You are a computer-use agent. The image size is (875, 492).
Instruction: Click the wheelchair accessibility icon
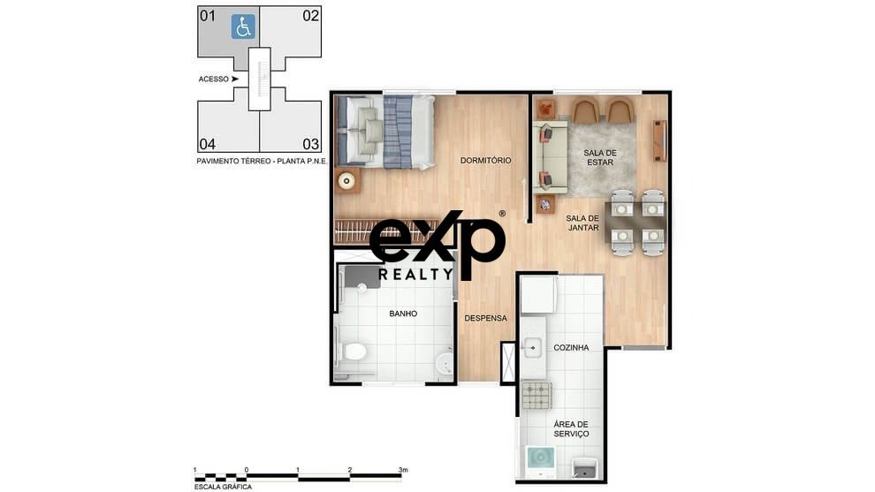tap(243, 26)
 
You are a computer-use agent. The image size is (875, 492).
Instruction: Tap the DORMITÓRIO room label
tap(485, 160)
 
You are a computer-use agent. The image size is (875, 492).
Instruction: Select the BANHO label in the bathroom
tap(403, 314)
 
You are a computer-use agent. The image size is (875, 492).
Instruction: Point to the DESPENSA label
tap(486, 318)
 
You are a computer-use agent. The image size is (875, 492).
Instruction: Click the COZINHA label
tap(571, 347)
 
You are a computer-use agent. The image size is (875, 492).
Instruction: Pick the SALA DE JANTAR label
tap(582, 223)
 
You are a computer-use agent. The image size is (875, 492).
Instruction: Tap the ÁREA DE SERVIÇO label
tap(571, 429)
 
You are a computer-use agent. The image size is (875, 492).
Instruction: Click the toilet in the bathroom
tap(353, 352)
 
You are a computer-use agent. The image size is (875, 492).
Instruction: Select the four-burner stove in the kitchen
tap(536, 396)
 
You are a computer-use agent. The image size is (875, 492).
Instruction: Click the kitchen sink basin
tap(532, 348)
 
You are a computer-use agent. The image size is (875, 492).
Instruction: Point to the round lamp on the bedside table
tap(347, 181)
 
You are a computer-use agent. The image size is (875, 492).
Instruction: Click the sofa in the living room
tap(551, 157)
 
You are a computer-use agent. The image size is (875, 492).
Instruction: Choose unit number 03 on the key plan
tap(311, 144)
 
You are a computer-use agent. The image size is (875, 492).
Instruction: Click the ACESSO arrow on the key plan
tap(235, 79)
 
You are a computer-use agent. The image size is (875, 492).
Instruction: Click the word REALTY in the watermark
tap(416, 274)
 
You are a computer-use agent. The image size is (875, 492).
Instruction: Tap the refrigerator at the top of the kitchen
tap(538, 295)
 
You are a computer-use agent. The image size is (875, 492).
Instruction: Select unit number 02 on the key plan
tap(311, 16)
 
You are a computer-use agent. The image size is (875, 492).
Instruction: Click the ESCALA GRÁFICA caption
tap(223, 487)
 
